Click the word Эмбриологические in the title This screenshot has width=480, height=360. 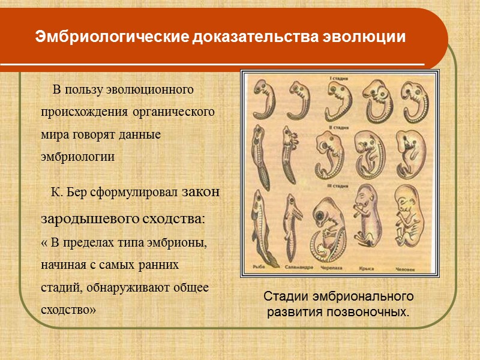112,37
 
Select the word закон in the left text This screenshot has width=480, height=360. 201,193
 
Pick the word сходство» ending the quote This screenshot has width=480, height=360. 68,310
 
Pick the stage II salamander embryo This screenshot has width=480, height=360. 290,153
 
